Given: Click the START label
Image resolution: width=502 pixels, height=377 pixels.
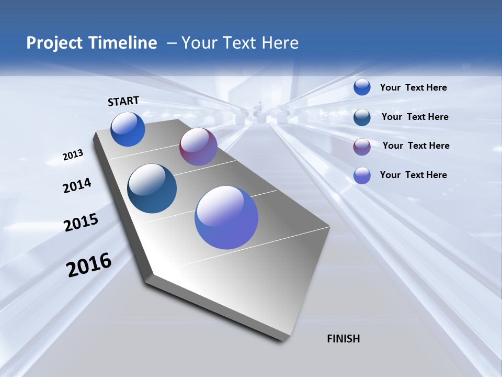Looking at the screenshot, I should click(x=123, y=101).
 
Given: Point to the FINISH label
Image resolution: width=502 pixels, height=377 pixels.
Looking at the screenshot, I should click(x=343, y=339).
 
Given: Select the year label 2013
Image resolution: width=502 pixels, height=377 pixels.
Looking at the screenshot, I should click(x=73, y=155).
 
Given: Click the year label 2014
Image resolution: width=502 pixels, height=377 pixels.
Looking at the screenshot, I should click(x=77, y=186).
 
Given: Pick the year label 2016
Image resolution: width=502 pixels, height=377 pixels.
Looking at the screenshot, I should click(x=89, y=265).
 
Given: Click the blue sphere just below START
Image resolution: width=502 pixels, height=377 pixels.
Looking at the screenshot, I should click(x=128, y=129).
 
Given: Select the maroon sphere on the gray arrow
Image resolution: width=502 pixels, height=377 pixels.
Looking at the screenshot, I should click(x=198, y=147).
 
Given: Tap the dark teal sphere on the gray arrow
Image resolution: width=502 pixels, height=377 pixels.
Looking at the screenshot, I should click(x=152, y=188).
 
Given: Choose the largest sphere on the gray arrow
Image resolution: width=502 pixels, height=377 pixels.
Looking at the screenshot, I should click(x=226, y=217).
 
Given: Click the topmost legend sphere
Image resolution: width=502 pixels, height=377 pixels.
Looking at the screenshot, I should click(x=362, y=87).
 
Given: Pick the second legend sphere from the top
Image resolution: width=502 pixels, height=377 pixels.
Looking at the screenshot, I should click(x=362, y=117).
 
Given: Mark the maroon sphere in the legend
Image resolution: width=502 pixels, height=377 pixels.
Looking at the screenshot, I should click(x=362, y=147).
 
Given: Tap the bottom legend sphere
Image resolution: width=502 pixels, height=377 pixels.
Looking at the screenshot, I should click(x=362, y=175).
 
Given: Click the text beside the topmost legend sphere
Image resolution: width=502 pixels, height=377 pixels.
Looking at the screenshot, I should click(x=413, y=88).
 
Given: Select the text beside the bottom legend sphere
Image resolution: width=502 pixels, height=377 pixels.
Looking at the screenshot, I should click(x=413, y=175).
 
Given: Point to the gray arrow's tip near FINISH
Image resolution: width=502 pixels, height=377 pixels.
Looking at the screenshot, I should click(x=285, y=339).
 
